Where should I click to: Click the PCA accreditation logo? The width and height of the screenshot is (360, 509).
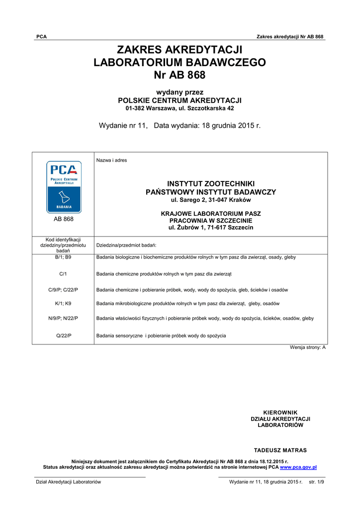[64, 186]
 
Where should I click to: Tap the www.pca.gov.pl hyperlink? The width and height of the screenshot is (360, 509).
[298, 467]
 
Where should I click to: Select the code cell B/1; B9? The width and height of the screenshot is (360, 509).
[63, 257]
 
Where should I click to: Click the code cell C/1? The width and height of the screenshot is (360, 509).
[63, 274]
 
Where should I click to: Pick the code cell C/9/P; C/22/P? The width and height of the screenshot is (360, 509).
[63, 290]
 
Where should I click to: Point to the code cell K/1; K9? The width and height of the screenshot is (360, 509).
[63, 304]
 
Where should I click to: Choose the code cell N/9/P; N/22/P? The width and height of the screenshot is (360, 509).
[63, 318]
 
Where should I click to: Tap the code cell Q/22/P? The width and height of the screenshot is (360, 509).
[63, 336]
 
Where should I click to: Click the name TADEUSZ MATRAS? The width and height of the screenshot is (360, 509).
[280, 450]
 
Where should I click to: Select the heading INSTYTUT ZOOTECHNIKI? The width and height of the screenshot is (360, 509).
[211, 184]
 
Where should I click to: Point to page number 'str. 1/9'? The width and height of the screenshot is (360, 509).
[316, 482]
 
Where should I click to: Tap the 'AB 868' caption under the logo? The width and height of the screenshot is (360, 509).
[63, 219]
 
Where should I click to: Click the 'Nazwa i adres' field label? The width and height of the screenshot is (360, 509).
[111, 160]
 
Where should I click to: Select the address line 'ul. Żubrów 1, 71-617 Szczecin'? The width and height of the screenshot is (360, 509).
[211, 227]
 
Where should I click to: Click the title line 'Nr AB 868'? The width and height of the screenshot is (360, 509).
[180, 75]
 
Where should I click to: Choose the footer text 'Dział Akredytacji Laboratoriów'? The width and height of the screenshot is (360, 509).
[68, 482]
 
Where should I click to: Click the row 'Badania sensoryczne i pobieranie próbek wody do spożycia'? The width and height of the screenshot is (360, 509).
[161, 336]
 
